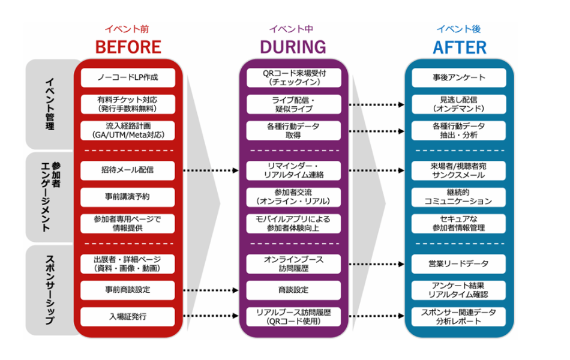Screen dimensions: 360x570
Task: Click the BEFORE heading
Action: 128,47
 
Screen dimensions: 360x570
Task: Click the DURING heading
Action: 293,47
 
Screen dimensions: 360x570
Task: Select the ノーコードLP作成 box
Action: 128,77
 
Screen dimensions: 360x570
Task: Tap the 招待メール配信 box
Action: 128,170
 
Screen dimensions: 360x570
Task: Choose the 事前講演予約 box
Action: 128,197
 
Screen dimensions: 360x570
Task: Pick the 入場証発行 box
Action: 128,316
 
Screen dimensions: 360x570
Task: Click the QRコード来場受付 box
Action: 294,77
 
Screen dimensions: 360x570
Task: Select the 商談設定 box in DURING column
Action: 294,290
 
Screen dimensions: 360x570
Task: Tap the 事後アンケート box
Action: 459,77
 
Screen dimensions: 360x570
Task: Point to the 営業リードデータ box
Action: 459,263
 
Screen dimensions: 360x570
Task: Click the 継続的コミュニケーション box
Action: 459,197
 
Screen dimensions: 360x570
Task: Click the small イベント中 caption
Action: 293,28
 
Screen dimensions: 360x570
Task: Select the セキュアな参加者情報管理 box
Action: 459,223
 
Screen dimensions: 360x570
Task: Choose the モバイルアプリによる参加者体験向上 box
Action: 294,223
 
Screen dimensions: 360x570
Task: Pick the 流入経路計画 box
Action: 128,130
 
